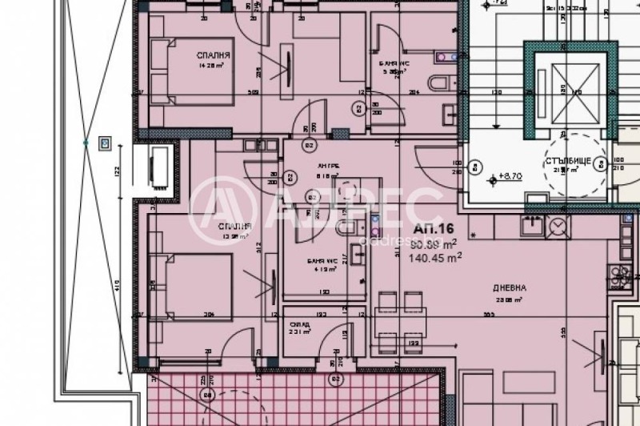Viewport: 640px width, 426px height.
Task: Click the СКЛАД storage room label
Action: pyautogui.click(x=300, y=325)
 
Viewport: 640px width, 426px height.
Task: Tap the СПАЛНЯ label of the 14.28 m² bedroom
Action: pyautogui.click(x=214, y=55)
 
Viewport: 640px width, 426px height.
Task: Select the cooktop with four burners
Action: pyautogui.click(x=619, y=277)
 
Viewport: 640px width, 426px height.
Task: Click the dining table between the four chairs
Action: pyautogui.click(x=399, y=319)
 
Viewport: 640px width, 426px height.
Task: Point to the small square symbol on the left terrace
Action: pyautogui.click(x=104, y=144)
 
